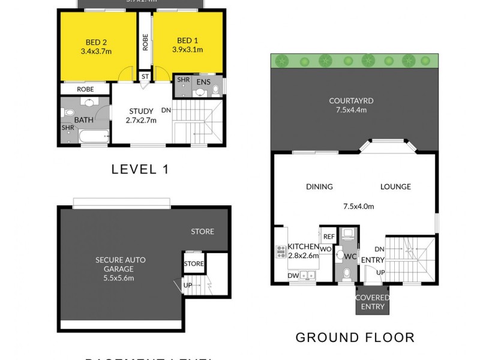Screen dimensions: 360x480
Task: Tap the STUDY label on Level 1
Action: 141,111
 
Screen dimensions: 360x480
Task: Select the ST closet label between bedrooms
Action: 145,77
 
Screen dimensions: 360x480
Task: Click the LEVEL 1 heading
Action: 140,169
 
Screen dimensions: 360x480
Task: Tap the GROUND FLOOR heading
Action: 355,337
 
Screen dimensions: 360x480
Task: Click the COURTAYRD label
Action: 352,101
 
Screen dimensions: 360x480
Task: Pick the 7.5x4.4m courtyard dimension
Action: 352,110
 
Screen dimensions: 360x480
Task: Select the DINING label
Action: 319,187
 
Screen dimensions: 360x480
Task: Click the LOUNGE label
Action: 395,187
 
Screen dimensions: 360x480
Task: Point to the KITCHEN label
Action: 303,247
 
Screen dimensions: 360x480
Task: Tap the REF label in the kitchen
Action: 328,236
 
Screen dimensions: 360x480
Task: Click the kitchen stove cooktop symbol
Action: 280,251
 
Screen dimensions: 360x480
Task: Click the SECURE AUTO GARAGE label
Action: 121,265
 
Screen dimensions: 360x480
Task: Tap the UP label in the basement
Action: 187,284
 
